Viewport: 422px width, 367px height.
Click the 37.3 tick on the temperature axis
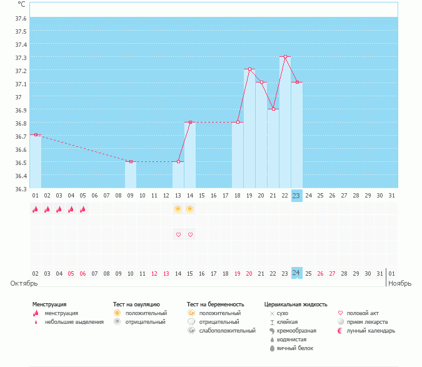click(x=21, y=58)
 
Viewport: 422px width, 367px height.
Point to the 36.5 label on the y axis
click(x=21, y=163)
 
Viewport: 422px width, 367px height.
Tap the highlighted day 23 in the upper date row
click(x=296, y=196)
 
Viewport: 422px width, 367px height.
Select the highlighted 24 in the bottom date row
click(x=296, y=273)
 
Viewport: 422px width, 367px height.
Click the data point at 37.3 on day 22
click(x=285, y=57)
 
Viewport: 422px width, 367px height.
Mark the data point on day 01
click(x=36, y=134)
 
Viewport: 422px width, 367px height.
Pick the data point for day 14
click(x=190, y=123)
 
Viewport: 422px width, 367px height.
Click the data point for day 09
click(x=131, y=161)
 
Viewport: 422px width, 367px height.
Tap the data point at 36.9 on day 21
click(x=273, y=109)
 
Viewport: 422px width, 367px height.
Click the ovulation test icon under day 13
click(x=178, y=209)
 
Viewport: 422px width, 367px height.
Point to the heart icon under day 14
click(x=190, y=234)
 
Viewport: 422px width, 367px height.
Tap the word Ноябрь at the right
click(x=399, y=283)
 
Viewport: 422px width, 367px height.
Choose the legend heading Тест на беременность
click(x=215, y=304)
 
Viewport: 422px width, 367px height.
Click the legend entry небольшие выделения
click(x=74, y=322)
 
